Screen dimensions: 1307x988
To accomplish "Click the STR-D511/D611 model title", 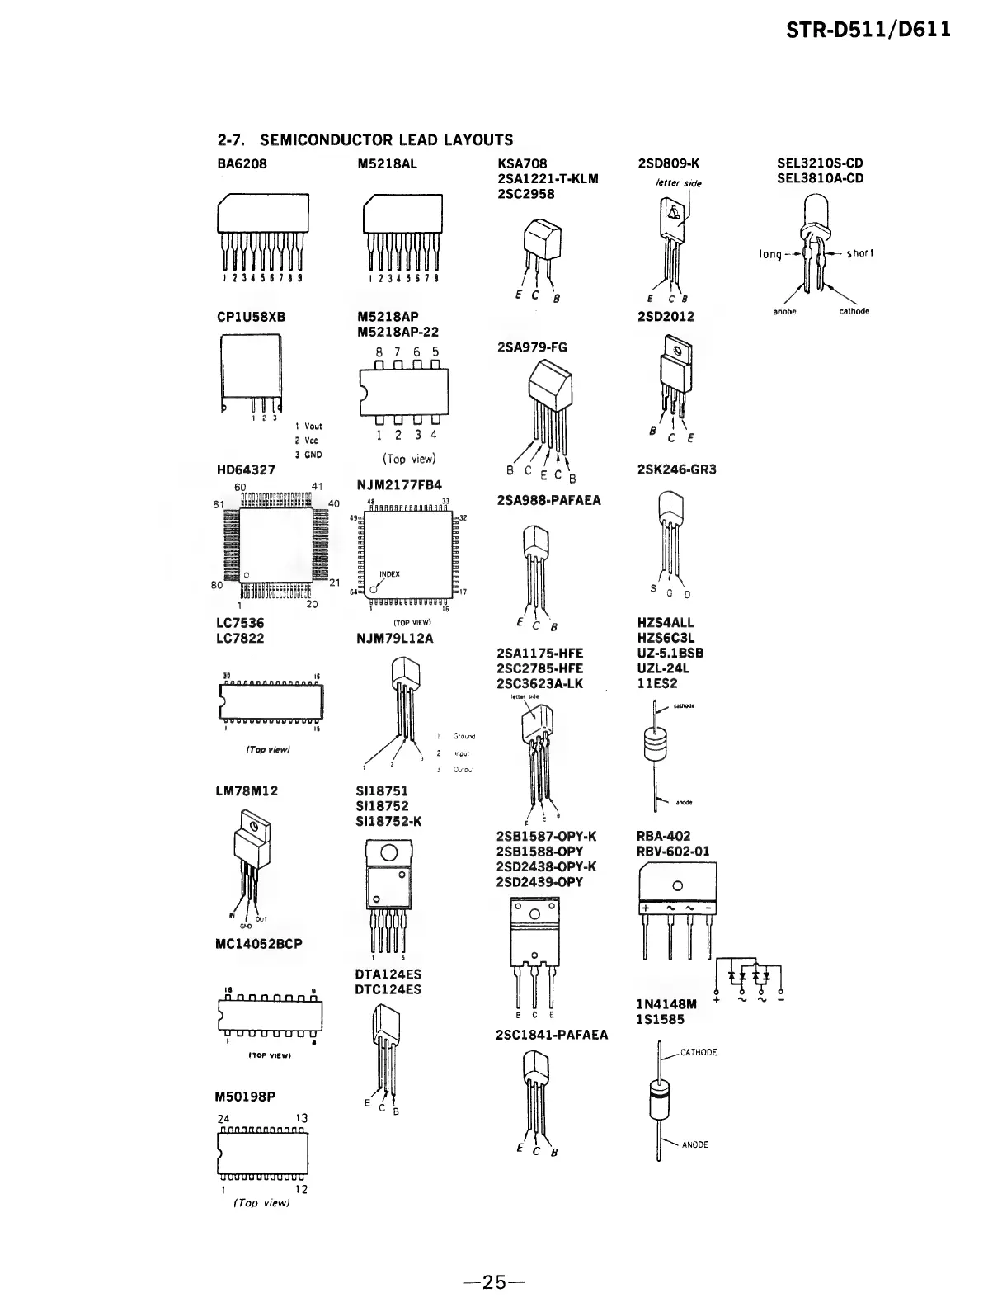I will coord(868,30).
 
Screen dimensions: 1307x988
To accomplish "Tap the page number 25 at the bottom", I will coord(494,1282).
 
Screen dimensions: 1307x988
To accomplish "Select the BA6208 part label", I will coord(242,163).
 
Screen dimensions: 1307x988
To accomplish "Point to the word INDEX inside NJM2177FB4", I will coord(389,574).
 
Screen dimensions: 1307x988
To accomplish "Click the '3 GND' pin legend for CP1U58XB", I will coord(308,455).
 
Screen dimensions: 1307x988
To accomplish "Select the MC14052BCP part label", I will coord(258,944).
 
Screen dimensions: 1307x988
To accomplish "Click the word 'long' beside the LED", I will coord(769,254).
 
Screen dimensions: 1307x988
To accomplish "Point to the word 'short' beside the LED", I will coord(859,253).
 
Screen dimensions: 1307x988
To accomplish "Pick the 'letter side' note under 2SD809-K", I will coord(679,182).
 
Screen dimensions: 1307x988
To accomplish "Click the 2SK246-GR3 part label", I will coord(676,469).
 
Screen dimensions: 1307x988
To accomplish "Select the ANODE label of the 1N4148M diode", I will coord(694,1144).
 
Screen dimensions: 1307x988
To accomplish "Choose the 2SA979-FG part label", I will coord(532,347).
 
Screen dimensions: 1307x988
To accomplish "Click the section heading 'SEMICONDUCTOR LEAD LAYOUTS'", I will coord(386,140).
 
